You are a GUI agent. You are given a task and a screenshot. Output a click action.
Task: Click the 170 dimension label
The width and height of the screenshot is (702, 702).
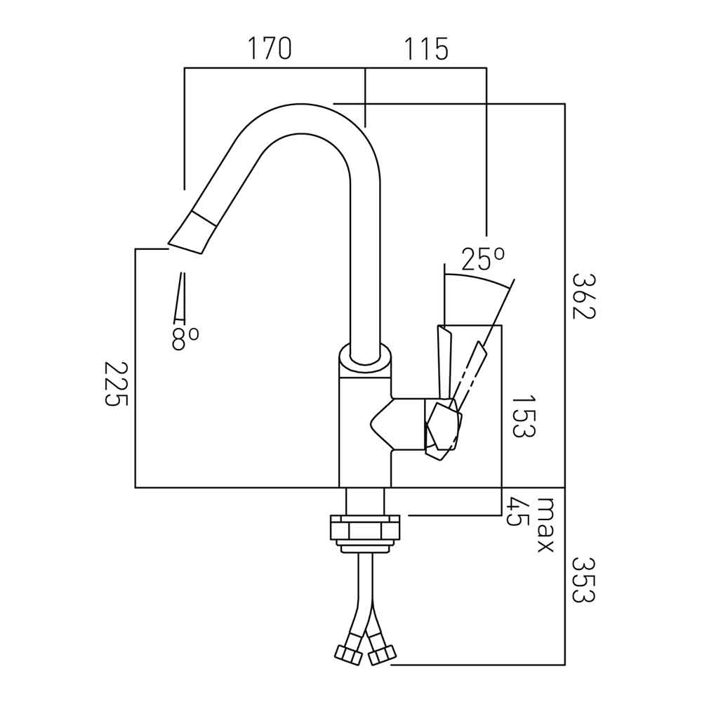(x=269, y=50)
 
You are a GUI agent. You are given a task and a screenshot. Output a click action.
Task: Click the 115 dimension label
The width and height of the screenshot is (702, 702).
(x=425, y=50)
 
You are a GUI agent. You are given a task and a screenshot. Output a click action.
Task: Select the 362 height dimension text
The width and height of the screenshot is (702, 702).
(x=583, y=296)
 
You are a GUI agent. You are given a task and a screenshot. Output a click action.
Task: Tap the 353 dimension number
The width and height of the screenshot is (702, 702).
(x=583, y=580)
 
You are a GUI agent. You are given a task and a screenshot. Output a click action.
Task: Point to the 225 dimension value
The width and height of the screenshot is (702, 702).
(x=117, y=384)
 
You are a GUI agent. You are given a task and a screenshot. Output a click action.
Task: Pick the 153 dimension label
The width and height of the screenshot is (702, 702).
(x=523, y=416)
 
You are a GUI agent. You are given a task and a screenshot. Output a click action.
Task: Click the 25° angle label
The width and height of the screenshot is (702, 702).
(x=483, y=260)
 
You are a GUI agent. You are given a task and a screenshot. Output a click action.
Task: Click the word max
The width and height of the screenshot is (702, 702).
(x=545, y=525)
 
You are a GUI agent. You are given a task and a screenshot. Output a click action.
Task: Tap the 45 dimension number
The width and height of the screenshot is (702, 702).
(x=518, y=512)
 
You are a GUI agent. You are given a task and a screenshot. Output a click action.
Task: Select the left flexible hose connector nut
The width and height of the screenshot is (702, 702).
(x=348, y=654)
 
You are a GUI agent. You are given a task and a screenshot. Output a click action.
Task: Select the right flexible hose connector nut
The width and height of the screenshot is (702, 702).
(x=381, y=656)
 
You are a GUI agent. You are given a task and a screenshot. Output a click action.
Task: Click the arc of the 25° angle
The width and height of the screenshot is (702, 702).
(x=477, y=279)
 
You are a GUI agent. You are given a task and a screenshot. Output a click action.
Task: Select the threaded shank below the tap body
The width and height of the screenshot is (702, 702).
(x=365, y=502)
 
